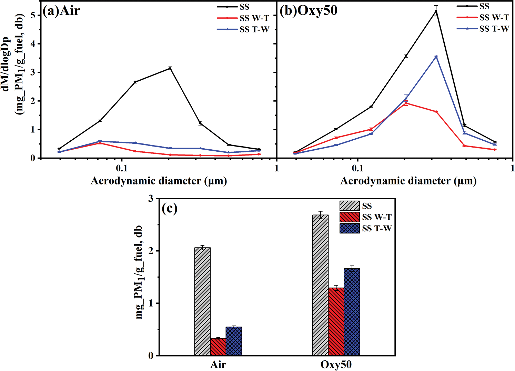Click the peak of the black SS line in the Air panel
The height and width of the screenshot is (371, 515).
170,68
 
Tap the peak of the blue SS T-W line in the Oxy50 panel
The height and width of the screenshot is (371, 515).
436,57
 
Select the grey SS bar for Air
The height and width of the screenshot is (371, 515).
202,302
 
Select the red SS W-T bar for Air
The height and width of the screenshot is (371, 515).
218,347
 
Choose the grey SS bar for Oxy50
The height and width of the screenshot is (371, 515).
320,285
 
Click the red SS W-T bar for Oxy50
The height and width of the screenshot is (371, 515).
336,321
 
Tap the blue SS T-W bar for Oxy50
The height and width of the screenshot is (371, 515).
352,312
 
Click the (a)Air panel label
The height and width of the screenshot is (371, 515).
61,11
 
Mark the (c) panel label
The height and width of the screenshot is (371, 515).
170,209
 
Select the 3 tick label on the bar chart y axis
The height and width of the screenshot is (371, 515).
150,199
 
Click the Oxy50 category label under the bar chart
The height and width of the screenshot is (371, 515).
336,365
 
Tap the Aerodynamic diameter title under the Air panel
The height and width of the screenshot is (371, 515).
159,181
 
